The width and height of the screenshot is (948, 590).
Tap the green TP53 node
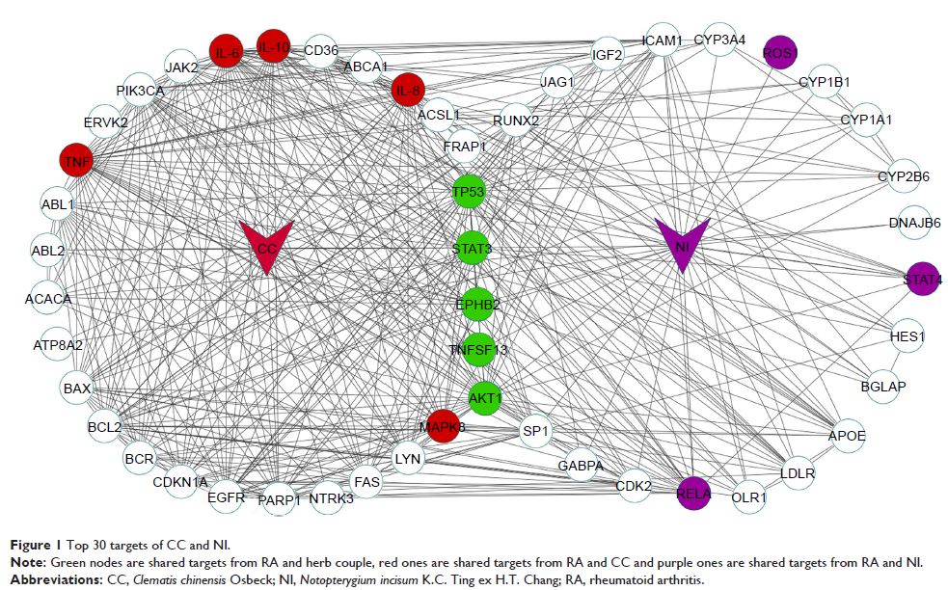point(469,193)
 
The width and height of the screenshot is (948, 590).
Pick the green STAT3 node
point(473,248)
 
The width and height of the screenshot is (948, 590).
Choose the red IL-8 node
point(408,92)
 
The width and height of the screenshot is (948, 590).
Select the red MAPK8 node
point(443,426)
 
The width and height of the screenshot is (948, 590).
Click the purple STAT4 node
point(923,280)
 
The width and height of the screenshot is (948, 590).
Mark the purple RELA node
point(694,494)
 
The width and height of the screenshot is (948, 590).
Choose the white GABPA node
point(581,466)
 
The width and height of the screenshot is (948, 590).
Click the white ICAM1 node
point(663,41)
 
